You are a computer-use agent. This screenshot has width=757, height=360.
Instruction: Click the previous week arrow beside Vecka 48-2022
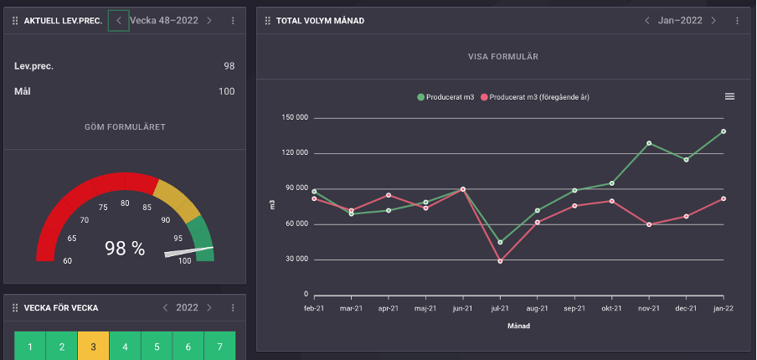(x=119, y=20)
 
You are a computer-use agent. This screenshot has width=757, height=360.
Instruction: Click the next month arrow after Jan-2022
(x=713, y=20)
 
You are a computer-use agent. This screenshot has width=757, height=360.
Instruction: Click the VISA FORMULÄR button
(x=502, y=57)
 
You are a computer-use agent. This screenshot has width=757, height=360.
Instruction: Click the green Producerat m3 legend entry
(x=445, y=97)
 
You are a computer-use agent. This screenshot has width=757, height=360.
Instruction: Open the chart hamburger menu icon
(x=729, y=96)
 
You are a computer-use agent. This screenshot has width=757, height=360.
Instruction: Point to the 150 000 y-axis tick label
(x=296, y=118)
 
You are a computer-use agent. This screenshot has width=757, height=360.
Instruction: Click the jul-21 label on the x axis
(x=500, y=308)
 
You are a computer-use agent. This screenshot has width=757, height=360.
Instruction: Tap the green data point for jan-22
(x=723, y=131)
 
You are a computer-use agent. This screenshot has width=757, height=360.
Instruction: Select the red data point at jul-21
(x=500, y=261)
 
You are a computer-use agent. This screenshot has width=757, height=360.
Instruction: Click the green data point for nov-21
(x=648, y=143)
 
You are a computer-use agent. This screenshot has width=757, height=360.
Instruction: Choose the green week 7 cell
(x=219, y=347)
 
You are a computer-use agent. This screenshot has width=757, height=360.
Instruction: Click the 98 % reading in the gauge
(x=125, y=248)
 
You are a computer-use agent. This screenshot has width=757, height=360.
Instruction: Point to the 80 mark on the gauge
(x=125, y=203)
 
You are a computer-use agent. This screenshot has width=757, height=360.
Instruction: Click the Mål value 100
(x=226, y=91)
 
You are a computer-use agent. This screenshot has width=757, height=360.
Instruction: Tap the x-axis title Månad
(x=519, y=326)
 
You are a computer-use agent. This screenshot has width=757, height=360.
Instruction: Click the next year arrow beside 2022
(x=209, y=308)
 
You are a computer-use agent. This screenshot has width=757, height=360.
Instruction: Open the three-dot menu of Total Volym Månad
(x=737, y=20)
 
